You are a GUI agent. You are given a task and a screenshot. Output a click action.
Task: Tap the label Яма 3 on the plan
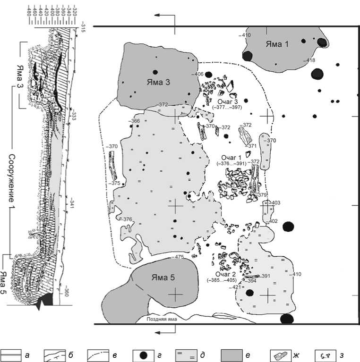click(x=158, y=81)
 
